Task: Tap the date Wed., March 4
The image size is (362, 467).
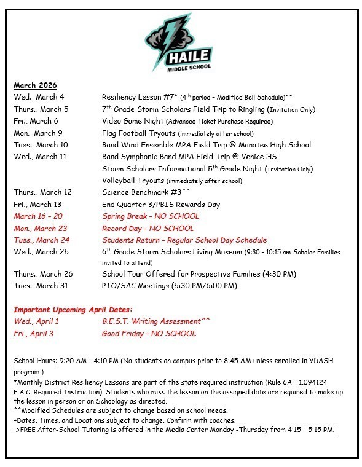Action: (x=39, y=97)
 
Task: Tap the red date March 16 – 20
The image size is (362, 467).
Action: (x=38, y=216)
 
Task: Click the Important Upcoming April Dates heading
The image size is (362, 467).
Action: (x=73, y=310)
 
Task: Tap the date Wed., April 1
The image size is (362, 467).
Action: (x=36, y=321)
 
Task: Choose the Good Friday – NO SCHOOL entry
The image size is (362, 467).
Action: (x=149, y=334)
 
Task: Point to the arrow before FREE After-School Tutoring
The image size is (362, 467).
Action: (x=17, y=429)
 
